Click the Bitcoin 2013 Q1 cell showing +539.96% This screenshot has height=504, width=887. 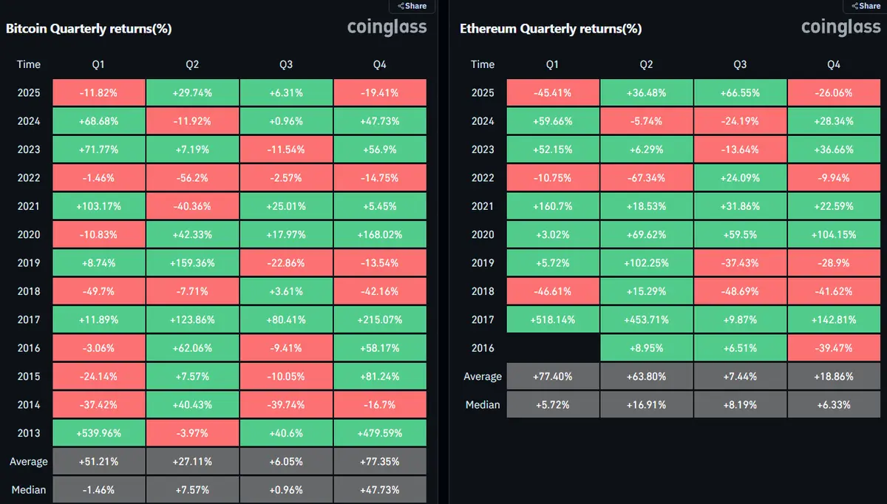[98, 433]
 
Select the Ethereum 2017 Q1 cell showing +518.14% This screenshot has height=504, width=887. [552, 320]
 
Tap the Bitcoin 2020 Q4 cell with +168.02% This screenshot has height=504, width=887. [379, 235]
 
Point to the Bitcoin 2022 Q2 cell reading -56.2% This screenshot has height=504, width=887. [192, 178]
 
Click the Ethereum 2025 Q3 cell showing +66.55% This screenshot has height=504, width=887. [740, 93]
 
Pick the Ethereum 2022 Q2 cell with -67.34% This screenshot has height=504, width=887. [646, 178]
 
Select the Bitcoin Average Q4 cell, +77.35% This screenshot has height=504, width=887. [379, 462]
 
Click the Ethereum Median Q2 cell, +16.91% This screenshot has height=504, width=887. [646, 405]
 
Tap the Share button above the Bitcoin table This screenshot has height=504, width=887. [412, 6]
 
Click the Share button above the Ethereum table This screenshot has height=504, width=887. [866, 6]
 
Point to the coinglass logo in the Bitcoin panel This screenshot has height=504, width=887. [387, 28]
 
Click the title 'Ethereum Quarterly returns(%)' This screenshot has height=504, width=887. [551, 29]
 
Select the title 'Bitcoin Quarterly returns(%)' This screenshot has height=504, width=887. [89, 29]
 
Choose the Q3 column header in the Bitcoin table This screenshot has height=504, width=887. [286, 64]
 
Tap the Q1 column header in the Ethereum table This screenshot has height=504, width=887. [552, 64]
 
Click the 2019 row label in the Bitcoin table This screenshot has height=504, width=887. [29, 263]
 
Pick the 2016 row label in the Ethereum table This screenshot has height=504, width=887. [483, 348]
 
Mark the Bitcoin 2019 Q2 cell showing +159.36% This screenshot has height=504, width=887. [192, 263]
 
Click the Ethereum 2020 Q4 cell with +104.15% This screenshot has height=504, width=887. [834, 235]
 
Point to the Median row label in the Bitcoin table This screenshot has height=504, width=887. [29, 490]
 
